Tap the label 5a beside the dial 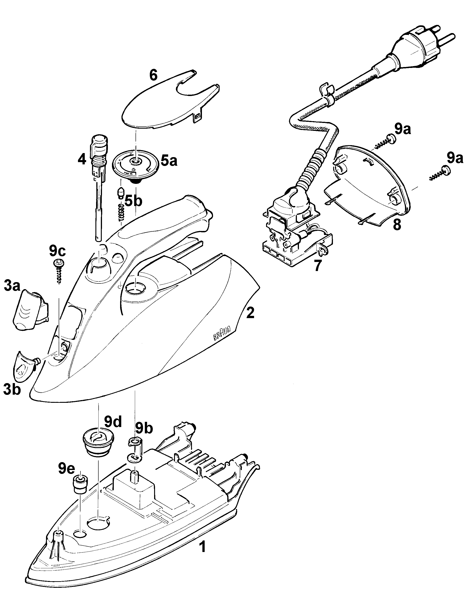click(169, 161)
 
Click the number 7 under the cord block click(318, 266)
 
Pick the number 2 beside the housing click(250, 313)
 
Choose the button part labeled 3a click(31, 309)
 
